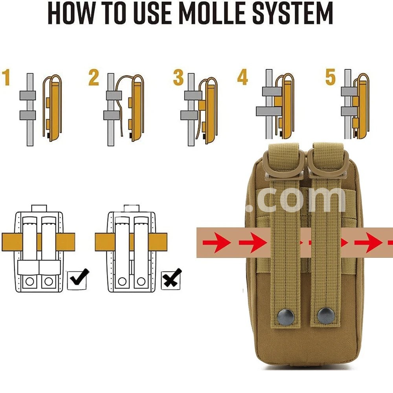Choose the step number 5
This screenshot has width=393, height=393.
click(331, 77)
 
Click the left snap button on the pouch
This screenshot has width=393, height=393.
click(286, 316)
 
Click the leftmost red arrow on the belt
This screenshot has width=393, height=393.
click(217, 242)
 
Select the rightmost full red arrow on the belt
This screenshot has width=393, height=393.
click(369, 242)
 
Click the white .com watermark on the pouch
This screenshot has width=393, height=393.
click(296, 199)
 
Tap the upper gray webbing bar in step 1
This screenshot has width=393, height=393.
click(28, 95)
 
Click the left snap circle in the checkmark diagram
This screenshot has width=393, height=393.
click(29, 281)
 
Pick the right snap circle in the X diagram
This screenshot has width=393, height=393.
click(141, 281)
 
